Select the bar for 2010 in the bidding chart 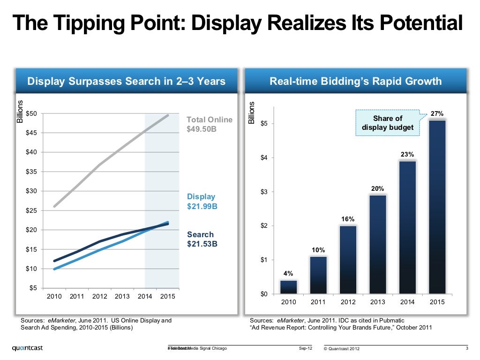[288, 287]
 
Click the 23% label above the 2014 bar [407, 154]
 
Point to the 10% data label [318, 250]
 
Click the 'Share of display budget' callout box [387, 123]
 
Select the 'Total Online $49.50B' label [209, 124]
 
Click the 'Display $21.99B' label [202, 202]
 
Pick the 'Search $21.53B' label [202, 239]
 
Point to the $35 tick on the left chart [32, 172]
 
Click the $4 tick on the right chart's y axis [264, 157]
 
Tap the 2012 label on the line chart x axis [99, 296]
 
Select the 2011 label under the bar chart [318, 302]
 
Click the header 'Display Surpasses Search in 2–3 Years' [126, 82]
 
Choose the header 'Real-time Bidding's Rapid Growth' [355, 82]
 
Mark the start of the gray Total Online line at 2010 [54, 206]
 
